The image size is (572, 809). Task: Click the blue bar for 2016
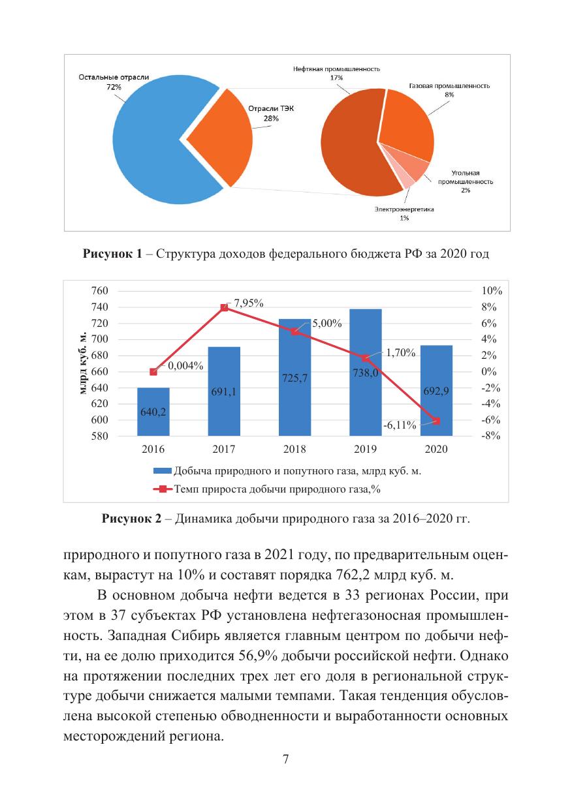pyautogui.click(x=153, y=412)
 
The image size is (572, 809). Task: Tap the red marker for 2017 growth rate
pyautogui.click(x=225, y=307)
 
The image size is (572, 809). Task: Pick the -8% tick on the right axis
pyautogui.click(x=491, y=436)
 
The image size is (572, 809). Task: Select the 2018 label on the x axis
pyautogui.click(x=295, y=450)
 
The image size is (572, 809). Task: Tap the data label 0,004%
pyautogui.click(x=186, y=366)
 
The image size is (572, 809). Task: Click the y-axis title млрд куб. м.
pyautogui.click(x=81, y=363)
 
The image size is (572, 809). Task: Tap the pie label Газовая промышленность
pyautogui.click(x=449, y=86)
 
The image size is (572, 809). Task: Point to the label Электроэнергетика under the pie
pyautogui.click(x=404, y=209)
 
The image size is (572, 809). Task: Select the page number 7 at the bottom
pyautogui.click(x=285, y=759)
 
